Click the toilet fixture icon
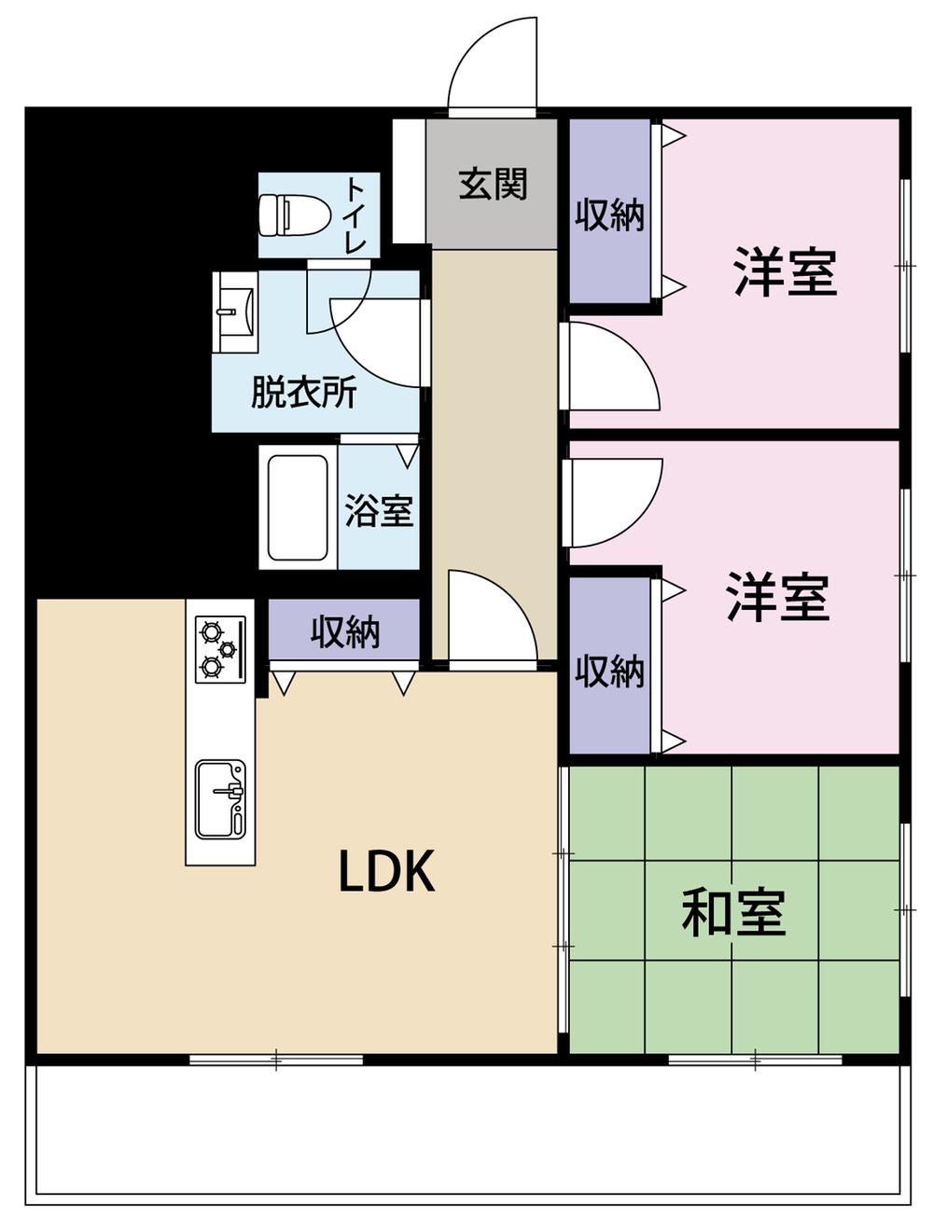click(294, 215)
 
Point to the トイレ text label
click(356, 215)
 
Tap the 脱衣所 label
click(304, 393)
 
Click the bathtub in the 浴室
click(297, 507)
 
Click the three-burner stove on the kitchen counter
click(220, 648)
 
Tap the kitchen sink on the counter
click(221, 799)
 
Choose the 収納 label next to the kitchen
click(345, 632)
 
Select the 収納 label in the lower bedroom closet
click(609, 671)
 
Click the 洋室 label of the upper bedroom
click(786, 271)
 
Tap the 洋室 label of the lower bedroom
click(777, 597)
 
